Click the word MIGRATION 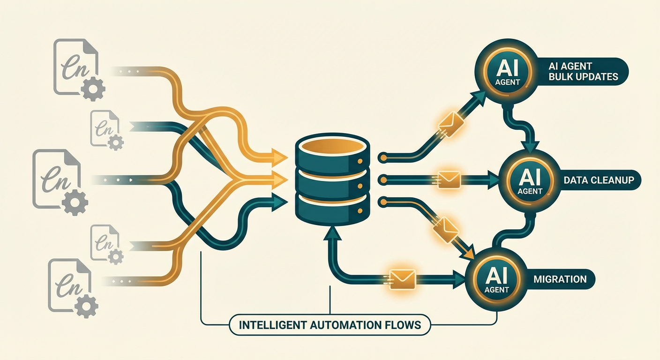[560, 279]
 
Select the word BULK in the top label [562, 76]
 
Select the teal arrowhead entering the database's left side [280, 201]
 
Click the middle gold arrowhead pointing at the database [280, 179]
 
